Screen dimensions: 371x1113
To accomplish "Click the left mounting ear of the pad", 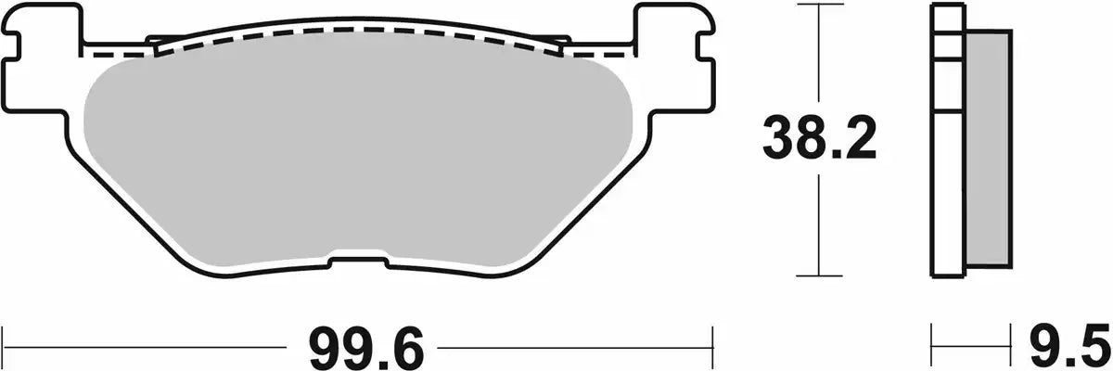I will click(x=42, y=56).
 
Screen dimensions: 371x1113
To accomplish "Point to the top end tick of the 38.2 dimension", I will click(x=818, y=5).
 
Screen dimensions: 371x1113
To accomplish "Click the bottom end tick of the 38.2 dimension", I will click(x=818, y=276).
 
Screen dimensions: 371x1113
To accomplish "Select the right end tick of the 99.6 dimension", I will click(x=711, y=347).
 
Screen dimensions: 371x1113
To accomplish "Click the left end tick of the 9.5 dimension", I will click(x=933, y=347).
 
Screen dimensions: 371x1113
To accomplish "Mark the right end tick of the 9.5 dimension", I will click(x=1008, y=347).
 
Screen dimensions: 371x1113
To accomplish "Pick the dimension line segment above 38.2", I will click(x=818, y=56).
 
